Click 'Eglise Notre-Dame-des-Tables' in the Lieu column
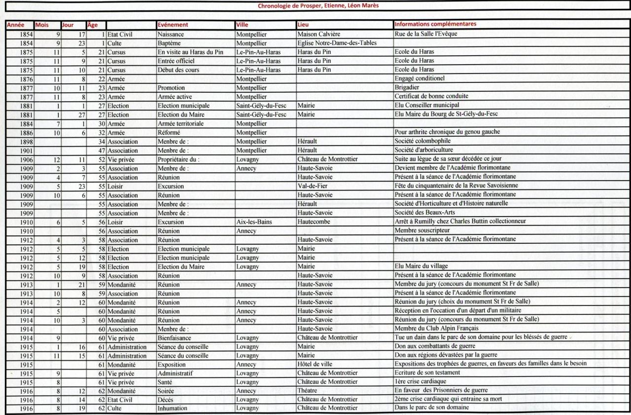[338, 43]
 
